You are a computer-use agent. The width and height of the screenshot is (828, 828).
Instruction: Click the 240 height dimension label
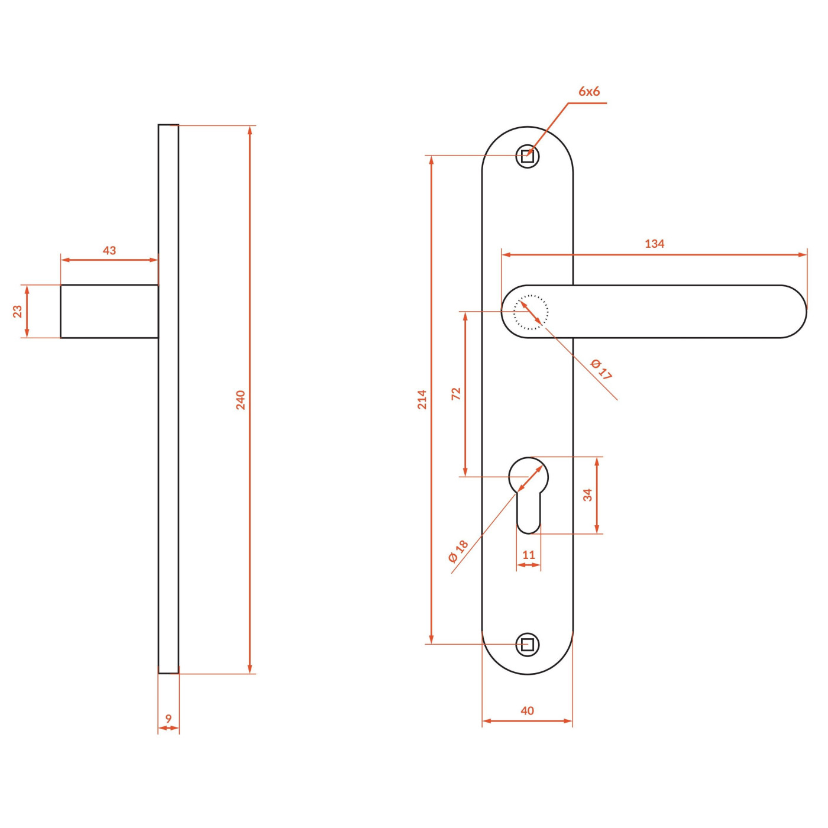pyautogui.click(x=241, y=400)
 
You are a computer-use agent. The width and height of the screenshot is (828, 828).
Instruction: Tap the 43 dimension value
pyautogui.click(x=109, y=251)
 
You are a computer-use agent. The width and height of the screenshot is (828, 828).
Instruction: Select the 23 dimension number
pyautogui.click(x=17, y=312)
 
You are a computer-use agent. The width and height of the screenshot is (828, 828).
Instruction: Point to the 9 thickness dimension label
pyautogui.click(x=169, y=719)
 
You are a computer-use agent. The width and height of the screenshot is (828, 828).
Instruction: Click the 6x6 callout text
pyautogui.click(x=589, y=91)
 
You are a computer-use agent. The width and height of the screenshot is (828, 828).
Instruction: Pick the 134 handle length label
pyautogui.click(x=654, y=244)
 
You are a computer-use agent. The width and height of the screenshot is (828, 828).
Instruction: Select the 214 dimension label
pyautogui.click(x=422, y=399)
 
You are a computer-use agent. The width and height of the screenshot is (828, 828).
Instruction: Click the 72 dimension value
pyautogui.click(x=456, y=394)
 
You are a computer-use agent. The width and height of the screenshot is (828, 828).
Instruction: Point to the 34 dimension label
pyautogui.click(x=588, y=495)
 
